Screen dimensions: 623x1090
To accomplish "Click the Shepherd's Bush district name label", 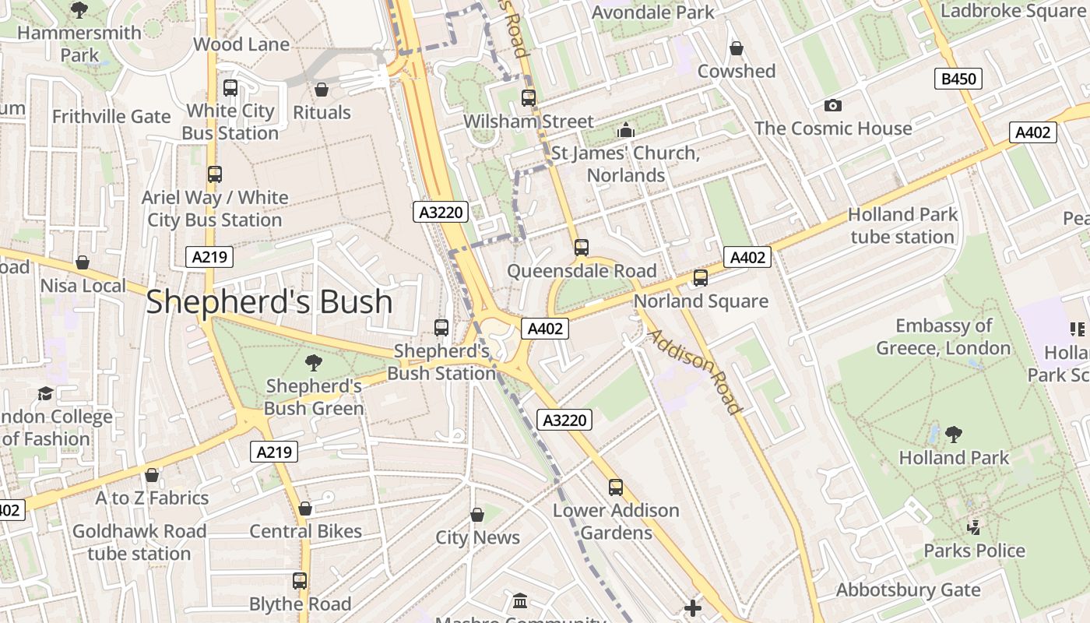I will pos(269,301).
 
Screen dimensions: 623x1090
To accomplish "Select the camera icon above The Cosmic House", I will pos(832,105).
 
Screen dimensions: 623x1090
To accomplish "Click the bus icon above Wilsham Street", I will pos(529,97).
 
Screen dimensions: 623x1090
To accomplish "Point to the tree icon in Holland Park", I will pos(953,434).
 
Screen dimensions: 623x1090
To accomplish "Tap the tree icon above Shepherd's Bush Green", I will pos(314,362).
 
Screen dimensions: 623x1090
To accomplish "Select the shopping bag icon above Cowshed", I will pos(736,48).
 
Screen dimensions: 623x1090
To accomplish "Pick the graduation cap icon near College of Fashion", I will pos(45,393).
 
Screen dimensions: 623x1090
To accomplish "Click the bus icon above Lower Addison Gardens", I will pos(616,487).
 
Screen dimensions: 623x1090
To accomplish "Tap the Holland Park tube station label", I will pos(902,225).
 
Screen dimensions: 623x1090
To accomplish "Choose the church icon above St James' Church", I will pos(625,130).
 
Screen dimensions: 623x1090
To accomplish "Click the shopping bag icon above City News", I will pos(477,515).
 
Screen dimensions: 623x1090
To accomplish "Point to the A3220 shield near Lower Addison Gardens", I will pos(564,421).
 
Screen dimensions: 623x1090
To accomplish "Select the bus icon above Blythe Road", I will pos(300,580).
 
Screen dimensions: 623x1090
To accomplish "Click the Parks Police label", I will pos(974,551).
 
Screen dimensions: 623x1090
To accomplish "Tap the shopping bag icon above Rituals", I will pos(321,90).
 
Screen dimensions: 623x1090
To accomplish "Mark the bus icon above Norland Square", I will pos(700,277).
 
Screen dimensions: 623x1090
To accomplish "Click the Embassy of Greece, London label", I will pos(944,336).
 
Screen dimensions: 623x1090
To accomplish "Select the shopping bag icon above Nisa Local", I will pos(83,262).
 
